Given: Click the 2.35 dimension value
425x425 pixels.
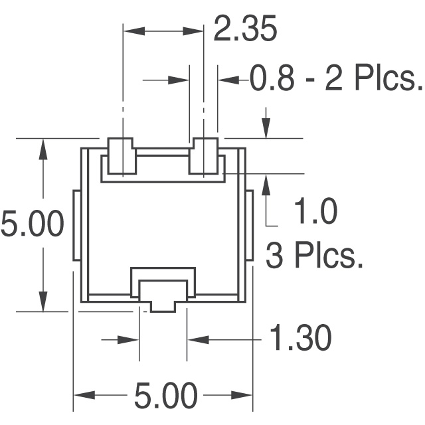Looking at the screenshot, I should tap(244, 31).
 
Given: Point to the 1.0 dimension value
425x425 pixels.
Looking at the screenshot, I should tap(315, 213).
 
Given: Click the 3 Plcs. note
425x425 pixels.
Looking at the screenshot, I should tap(315, 256).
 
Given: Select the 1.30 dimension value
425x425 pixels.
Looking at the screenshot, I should tap(300, 339).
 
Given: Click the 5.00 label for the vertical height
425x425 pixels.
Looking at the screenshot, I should tap(32, 224).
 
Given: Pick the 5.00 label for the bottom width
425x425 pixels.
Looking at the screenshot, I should tap(165, 396).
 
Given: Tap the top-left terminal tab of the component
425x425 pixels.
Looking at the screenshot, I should tap(121, 157).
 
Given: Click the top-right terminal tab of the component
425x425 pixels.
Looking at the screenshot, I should tap(205, 157).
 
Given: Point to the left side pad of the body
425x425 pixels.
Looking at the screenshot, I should tap(76, 225).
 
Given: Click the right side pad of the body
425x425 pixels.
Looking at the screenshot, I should tap(250, 225).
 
